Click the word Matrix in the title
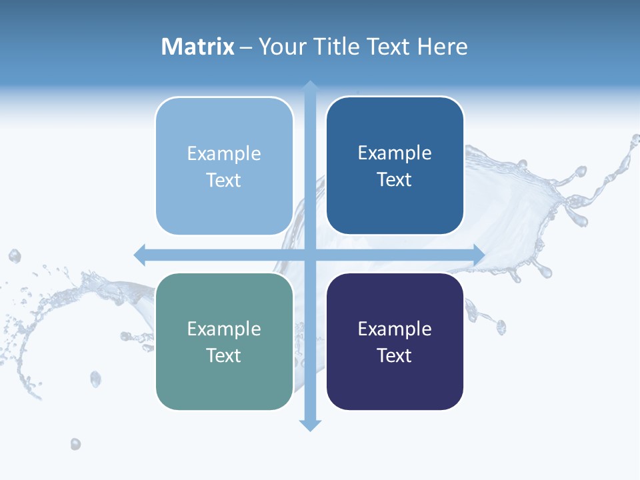[x=198, y=47]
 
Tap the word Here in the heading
[x=442, y=47]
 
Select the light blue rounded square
[x=224, y=166]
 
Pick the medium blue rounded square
[x=395, y=165]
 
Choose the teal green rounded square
[x=224, y=341]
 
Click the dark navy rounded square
[x=395, y=341]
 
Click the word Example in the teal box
[x=224, y=329]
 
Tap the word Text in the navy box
[x=395, y=355]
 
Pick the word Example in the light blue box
[x=224, y=153]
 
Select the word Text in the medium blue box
[x=395, y=179]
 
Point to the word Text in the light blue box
[x=224, y=180]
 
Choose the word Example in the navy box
[x=395, y=329]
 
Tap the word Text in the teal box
[x=224, y=355]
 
